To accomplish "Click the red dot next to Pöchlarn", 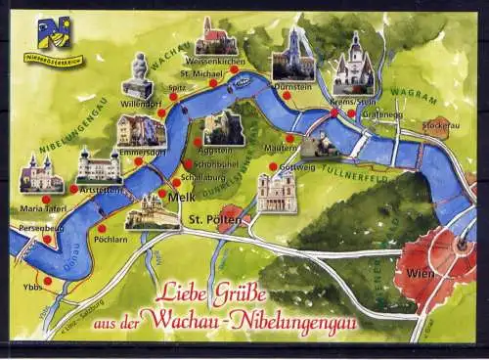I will coord(102,228).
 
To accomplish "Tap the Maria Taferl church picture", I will coord(40,174).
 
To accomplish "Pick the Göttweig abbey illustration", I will coord(277,191).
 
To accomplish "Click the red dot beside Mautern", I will coord(289,138).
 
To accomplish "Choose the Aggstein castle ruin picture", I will coord(223,127).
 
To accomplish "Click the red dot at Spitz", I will coord(173,96).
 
